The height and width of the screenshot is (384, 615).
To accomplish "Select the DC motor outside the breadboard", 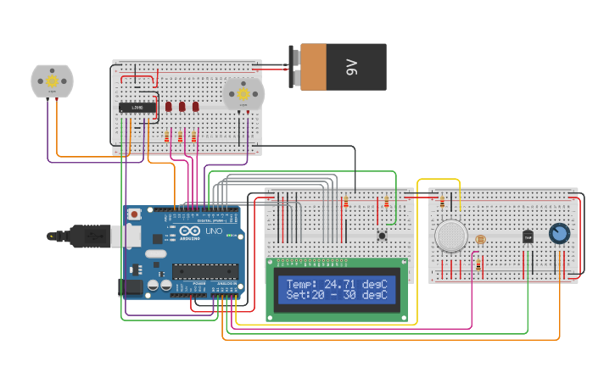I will (x=52, y=81).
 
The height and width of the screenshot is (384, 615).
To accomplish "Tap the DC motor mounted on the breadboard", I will (x=243, y=93).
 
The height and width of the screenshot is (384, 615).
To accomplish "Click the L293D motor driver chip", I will (x=137, y=107).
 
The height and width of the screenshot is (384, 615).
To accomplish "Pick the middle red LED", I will (x=182, y=107).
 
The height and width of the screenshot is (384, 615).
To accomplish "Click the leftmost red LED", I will (x=169, y=107).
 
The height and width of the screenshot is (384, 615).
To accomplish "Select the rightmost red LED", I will (x=195, y=107).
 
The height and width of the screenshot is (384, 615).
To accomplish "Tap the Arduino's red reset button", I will (x=134, y=215).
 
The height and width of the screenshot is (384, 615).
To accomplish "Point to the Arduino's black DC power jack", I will (x=131, y=287).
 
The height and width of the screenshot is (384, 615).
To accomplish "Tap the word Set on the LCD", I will (x=297, y=295).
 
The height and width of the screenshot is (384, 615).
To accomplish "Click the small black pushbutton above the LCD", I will (x=382, y=235).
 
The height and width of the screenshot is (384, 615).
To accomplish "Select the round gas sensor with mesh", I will (x=450, y=235).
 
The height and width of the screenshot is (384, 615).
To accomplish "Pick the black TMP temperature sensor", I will (x=528, y=237).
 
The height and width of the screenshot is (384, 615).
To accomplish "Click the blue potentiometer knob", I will (x=558, y=233).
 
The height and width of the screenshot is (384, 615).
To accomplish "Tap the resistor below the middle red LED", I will (x=181, y=136).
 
